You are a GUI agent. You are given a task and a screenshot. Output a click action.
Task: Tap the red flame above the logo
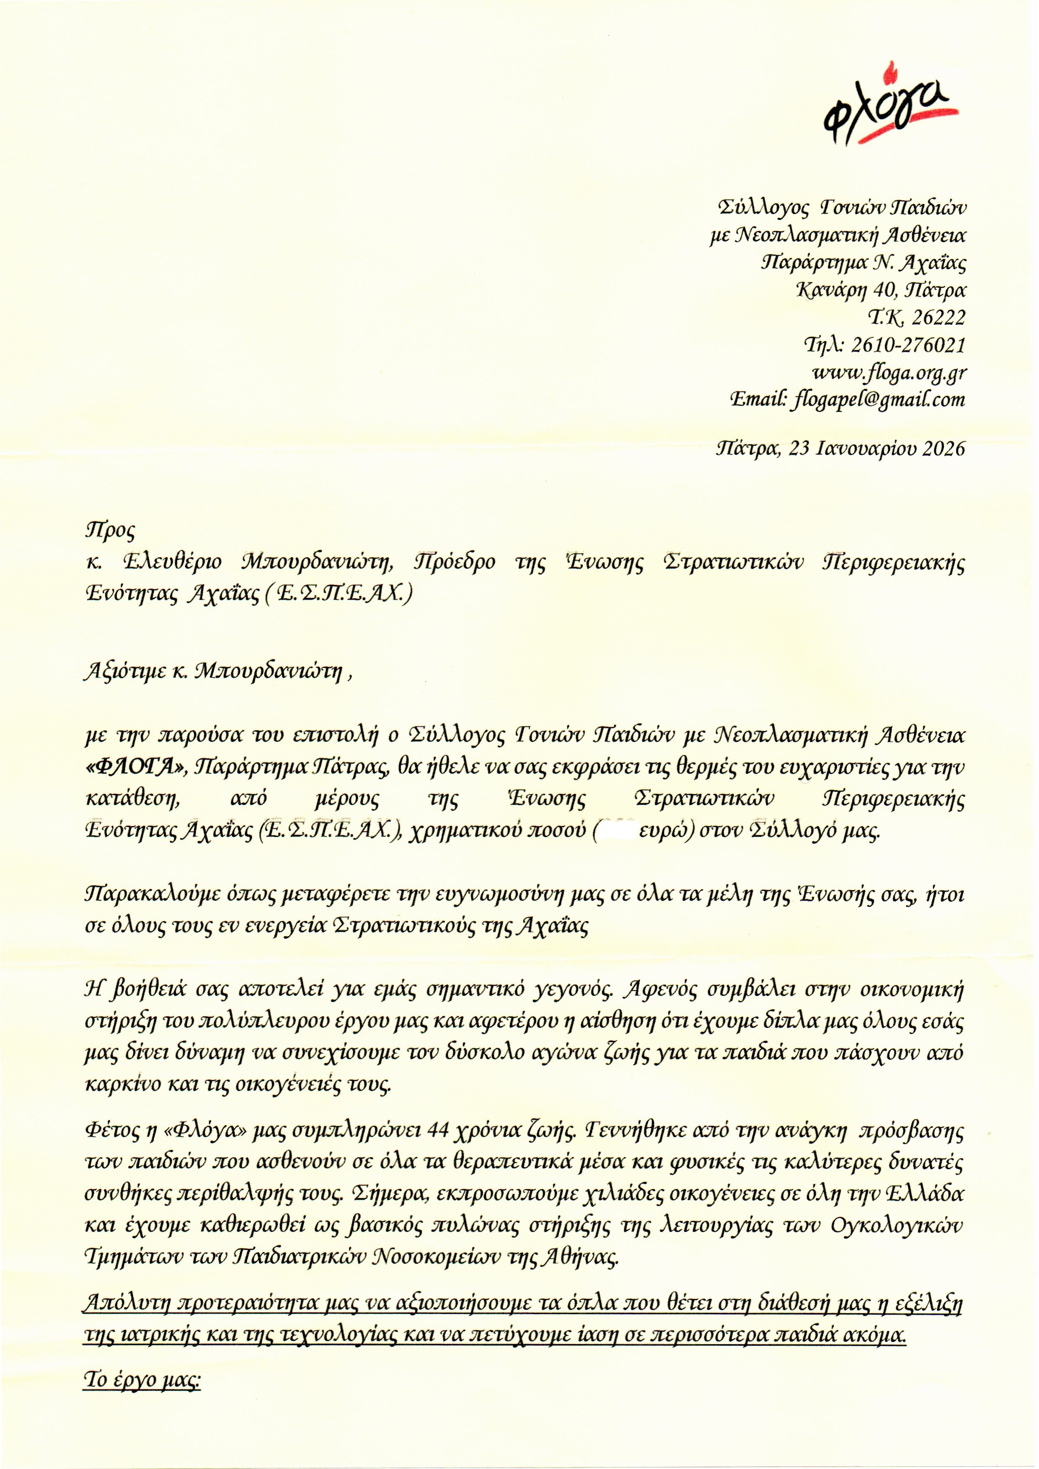pyautogui.click(x=886, y=72)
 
